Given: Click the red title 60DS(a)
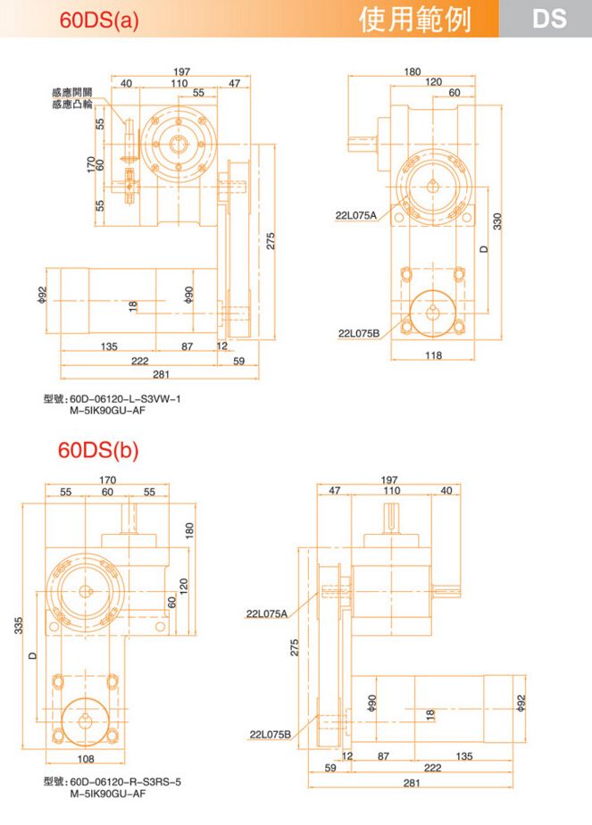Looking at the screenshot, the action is click(x=99, y=20).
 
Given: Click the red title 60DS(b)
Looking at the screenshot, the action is click(x=98, y=450).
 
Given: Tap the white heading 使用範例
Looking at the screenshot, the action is click(x=415, y=20).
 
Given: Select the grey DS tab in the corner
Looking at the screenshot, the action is click(x=549, y=19).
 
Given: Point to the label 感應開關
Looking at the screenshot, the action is click(x=72, y=93).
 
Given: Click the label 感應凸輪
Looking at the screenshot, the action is click(x=72, y=104).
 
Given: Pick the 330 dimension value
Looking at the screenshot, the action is click(x=497, y=221).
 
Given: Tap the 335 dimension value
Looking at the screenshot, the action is click(x=19, y=626).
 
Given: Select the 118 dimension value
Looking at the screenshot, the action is click(x=433, y=355).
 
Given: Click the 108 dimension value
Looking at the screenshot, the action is click(x=85, y=759).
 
